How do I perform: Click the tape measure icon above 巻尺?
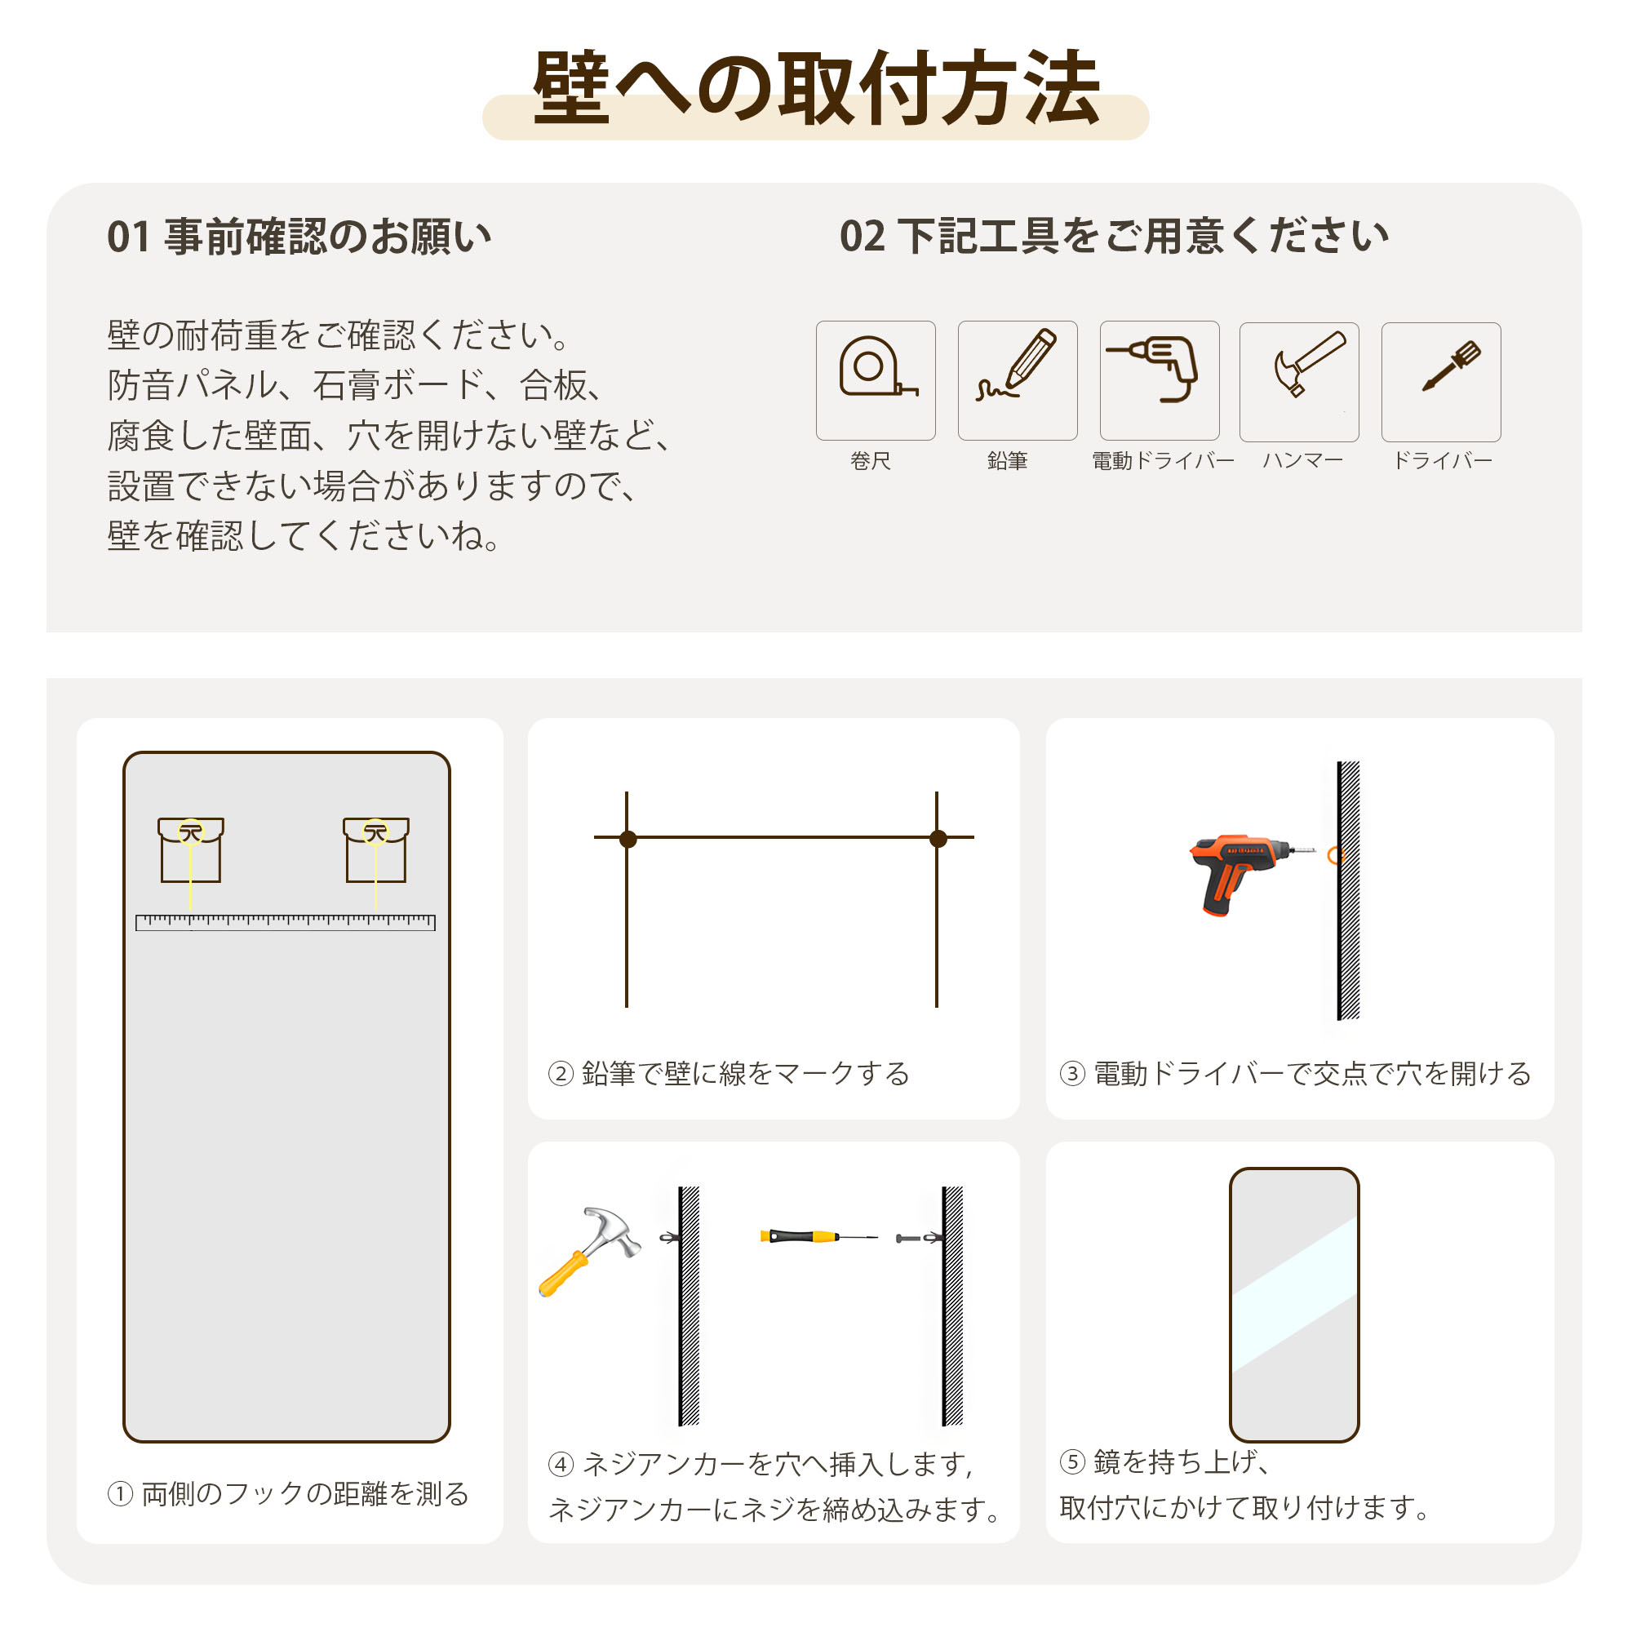pyautogui.click(x=876, y=366)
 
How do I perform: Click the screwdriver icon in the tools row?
pyautogui.click(x=1450, y=366)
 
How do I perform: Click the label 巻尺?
pyautogui.click(x=870, y=461)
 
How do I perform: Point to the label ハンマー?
pyautogui.click(x=1302, y=461)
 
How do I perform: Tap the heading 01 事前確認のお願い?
pyautogui.click(x=299, y=237)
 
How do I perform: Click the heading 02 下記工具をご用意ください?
pyautogui.click(x=1113, y=236)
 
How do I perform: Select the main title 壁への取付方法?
pyautogui.click(x=816, y=88)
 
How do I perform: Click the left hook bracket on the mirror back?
pyautogui.click(x=191, y=849)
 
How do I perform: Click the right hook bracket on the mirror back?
pyautogui.click(x=376, y=849)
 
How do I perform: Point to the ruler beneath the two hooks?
pyautogui.click(x=286, y=922)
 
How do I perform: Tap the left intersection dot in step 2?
pyautogui.click(x=628, y=839)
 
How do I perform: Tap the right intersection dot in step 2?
pyautogui.click(x=938, y=839)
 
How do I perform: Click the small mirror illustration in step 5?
pyautogui.click(x=1294, y=1305)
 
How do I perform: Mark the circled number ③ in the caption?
pyautogui.click(x=1072, y=1074)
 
